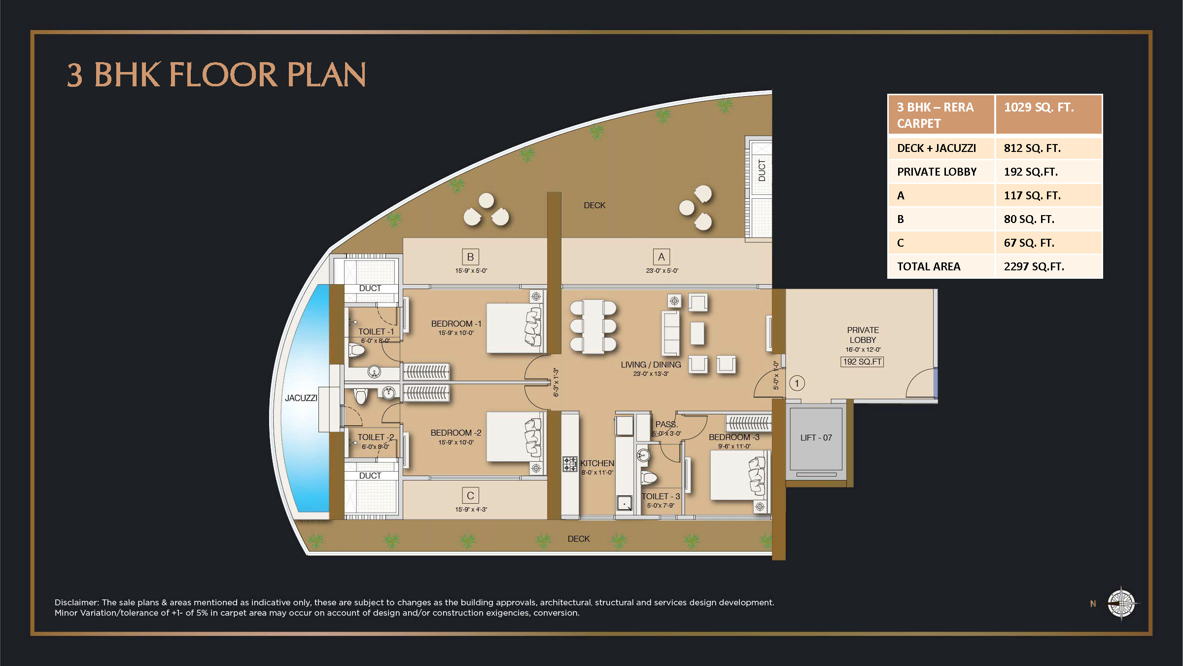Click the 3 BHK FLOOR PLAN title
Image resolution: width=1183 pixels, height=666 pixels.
pyautogui.click(x=216, y=75)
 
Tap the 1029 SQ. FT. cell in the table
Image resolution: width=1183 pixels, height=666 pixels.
pyautogui.click(x=1039, y=108)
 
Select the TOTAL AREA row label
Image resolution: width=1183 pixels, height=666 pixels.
pyautogui.click(x=928, y=266)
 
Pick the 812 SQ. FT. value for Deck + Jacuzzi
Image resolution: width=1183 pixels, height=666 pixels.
pyautogui.click(x=1032, y=148)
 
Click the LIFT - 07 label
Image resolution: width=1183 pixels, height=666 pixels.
pyautogui.click(x=816, y=438)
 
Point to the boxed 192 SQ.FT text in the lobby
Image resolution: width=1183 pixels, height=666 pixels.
pyautogui.click(x=862, y=362)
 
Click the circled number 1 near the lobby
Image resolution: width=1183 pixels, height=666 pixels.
pyautogui.click(x=797, y=383)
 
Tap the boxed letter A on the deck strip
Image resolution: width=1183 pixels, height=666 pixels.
pyautogui.click(x=661, y=257)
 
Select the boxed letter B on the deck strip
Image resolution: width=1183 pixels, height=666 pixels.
pyautogui.click(x=470, y=257)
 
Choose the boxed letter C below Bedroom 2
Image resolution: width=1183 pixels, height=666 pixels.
pyautogui.click(x=470, y=495)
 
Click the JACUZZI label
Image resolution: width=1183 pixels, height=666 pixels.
pyautogui.click(x=301, y=398)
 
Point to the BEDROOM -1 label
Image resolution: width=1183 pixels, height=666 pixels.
pyautogui.click(x=456, y=324)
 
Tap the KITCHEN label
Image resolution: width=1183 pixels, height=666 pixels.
pyautogui.click(x=597, y=463)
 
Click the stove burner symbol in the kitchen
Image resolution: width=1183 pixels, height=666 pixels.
pyautogui.click(x=570, y=464)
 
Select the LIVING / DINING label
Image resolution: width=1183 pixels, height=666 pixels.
pyautogui.click(x=651, y=365)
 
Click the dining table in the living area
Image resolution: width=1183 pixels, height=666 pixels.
pyautogui.click(x=593, y=327)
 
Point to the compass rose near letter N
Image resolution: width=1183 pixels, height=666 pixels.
pyautogui.click(x=1121, y=603)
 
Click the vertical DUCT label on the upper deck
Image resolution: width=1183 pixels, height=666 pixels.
pyautogui.click(x=762, y=170)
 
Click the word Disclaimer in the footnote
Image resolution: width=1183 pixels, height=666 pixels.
pyautogui.click(x=76, y=602)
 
